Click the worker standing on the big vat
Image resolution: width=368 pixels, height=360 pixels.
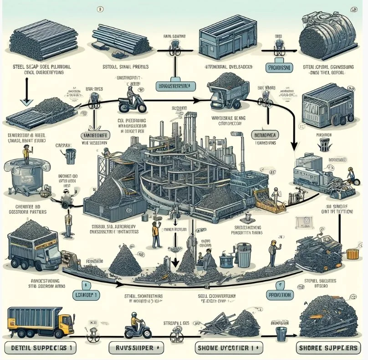[26, 156]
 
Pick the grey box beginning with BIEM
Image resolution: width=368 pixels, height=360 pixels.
[265, 135]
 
